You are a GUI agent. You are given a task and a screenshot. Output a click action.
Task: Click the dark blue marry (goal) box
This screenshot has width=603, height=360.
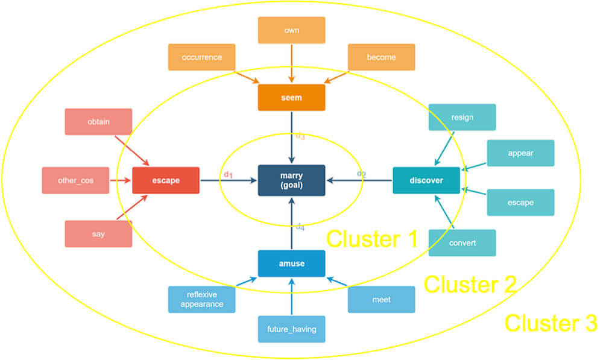click(x=291, y=180)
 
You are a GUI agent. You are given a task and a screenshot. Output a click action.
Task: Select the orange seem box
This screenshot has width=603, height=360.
click(x=291, y=98)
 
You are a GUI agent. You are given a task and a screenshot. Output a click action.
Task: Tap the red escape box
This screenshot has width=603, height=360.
click(x=166, y=180)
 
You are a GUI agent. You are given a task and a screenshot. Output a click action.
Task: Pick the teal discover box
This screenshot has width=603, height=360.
click(x=426, y=180)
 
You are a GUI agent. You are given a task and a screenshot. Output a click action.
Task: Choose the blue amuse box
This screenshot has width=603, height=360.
click(x=291, y=264)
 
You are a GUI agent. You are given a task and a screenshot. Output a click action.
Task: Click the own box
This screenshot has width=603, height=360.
click(x=291, y=30)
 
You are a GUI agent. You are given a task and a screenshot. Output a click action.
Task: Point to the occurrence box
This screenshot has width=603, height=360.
click(x=201, y=57)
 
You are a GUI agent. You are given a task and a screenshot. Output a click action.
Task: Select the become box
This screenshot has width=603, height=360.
click(x=381, y=57)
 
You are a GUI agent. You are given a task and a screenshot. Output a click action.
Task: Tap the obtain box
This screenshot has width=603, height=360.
click(x=98, y=122)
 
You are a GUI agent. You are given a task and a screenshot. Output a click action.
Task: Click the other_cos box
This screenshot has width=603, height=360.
click(x=75, y=180)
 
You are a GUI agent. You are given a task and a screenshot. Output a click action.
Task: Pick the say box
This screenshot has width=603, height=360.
click(x=98, y=234)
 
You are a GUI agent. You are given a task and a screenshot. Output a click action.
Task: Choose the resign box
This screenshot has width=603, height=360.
click(x=462, y=118)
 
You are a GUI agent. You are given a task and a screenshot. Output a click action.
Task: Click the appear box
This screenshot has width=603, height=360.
click(x=520, y=153)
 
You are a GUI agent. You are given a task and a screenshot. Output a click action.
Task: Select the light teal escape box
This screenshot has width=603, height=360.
click(x=520, y=203)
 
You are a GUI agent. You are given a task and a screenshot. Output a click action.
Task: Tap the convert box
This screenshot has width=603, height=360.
click(x=462, y=243)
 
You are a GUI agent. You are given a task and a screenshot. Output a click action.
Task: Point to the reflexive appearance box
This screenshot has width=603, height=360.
click(x=201, y=300)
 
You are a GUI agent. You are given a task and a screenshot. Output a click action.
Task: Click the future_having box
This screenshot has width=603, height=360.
click(x=291, y=329)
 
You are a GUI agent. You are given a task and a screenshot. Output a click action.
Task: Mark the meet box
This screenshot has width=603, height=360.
click(x=381, y=300)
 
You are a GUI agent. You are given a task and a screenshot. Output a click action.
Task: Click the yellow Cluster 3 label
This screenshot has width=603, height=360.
click(x=550, y=323)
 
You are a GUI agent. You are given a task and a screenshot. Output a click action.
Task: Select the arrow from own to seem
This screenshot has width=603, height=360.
click(x=291, y=64)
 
